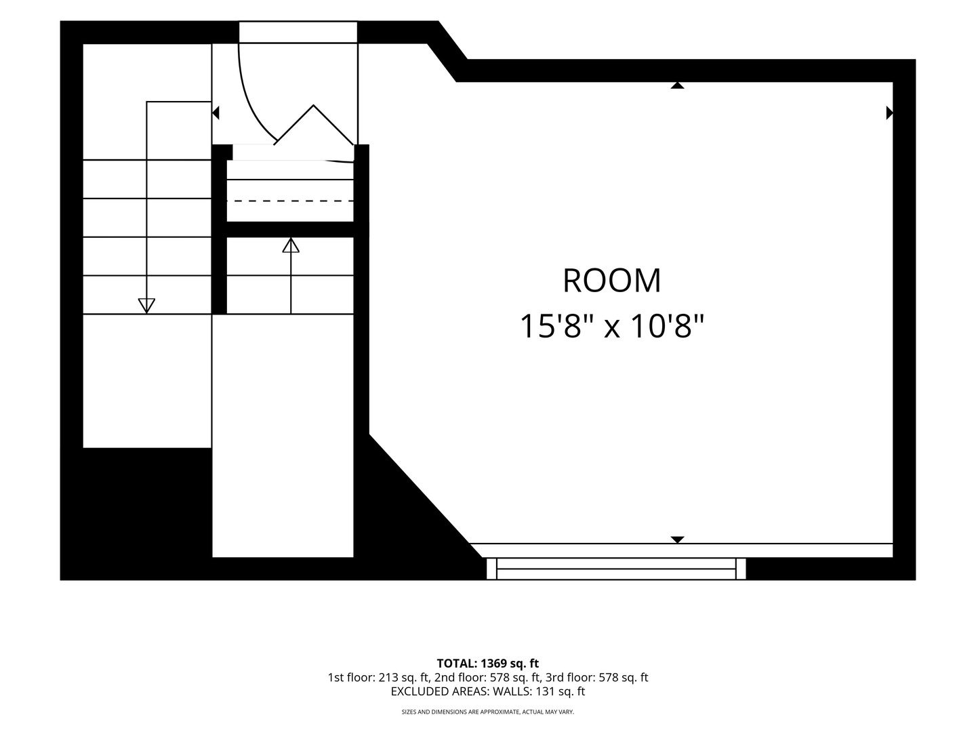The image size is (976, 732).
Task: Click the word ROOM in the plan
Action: click(612, 281)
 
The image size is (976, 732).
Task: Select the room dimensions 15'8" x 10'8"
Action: click(612, 326)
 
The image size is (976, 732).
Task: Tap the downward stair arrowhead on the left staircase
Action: click(146, 306)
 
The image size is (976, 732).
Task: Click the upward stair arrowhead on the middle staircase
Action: click(291, 245)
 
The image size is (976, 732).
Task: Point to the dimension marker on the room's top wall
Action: click(677, 85)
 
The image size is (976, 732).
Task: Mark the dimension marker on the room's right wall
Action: click(889, 113)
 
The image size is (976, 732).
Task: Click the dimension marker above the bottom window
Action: click(677, 540)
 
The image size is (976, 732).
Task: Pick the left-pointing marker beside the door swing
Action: click(216, 113)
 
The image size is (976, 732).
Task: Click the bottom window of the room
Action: click(616, 569)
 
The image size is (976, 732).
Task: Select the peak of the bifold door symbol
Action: click(314, 105)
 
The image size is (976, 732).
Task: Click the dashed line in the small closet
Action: click(290, 201)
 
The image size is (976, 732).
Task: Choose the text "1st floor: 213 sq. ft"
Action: click(378, 678)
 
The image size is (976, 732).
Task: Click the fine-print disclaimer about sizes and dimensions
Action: click(488, 712)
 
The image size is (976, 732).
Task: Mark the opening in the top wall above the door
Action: click(298, 33)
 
